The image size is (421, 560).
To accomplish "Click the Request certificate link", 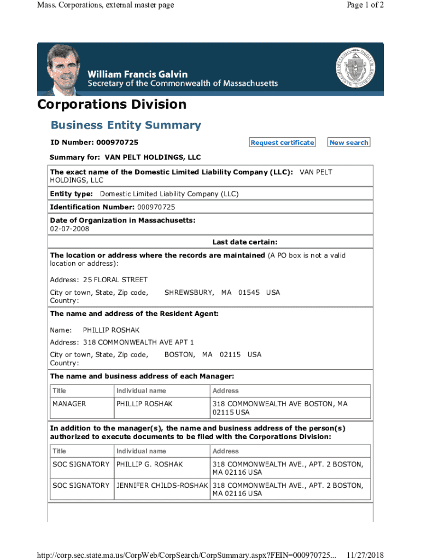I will [x=282, y=143].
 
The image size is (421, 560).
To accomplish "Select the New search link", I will [x=349, y=143].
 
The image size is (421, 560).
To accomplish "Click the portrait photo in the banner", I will [x=62, y=69].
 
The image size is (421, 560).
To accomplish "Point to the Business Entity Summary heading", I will [x=126, y=125].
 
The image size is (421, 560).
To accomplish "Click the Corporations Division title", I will [x=112, y=104].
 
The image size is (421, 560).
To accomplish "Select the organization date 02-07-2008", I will [x=69, y=229].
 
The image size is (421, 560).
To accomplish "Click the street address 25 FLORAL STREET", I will [x=115, y=279].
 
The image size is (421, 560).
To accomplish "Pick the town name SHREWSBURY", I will [x=189, y=293].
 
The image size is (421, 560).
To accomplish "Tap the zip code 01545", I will [x=249, y=293].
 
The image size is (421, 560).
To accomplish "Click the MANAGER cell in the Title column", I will [x=69, y=404].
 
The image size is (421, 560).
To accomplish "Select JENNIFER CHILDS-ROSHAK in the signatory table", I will [x=162, y=486].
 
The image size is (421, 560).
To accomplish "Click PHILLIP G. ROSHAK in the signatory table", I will [x=149, y=464].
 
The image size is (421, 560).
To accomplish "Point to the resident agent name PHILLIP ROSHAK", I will [x=111, y=330].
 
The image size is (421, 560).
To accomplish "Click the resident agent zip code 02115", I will [x=230, y=354].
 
